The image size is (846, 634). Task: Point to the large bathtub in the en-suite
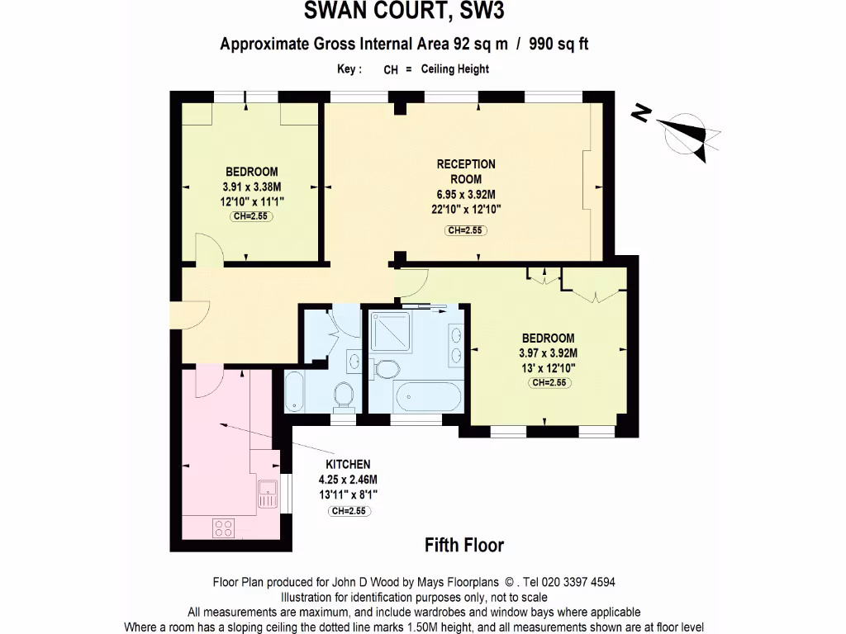(x=429, y=397)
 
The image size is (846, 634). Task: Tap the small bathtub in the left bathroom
(x=295, y=391)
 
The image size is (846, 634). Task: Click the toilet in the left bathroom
(x=346, y=395)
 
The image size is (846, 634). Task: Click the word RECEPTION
(x=466, y=164)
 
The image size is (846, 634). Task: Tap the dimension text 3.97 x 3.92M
(x=548, y=352)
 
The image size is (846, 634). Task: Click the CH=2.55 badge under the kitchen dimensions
(x=348, y=511)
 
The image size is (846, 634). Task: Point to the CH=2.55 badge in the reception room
(x=466, y=230)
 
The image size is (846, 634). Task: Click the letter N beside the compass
(x=639, y=114)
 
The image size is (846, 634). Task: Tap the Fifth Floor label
(x=463, y=545)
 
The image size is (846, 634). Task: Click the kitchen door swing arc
(x=209, y=381)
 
